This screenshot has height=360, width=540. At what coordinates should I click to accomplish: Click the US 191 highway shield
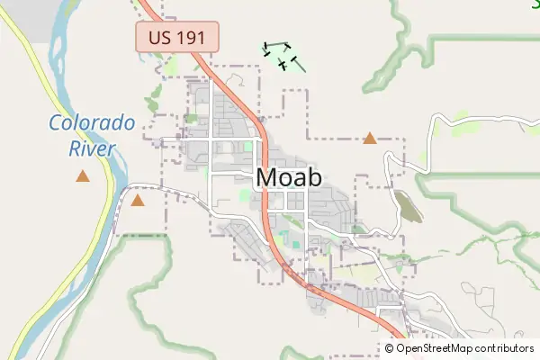click(x=177, y=38)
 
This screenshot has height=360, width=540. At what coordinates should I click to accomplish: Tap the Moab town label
click(x=289, y=177)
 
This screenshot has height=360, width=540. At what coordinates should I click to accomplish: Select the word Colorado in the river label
click(x=92, y=124)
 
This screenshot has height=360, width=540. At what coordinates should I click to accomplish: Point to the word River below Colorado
click(x=92, y=148)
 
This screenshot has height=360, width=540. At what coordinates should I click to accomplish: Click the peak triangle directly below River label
click(x=83, y=175)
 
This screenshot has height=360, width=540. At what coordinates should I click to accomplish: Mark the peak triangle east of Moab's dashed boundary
click(x=369, y=139)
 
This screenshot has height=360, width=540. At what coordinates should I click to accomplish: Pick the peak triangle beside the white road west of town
click(x=137, y=201)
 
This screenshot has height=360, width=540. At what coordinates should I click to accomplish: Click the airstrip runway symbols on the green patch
click(x=280, y=55)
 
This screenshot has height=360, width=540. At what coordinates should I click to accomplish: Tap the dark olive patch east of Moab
click(x=408, y=207)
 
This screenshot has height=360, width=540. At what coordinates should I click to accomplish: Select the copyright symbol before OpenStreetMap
click(x=390, y=348)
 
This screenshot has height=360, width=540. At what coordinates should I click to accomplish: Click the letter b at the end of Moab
click(x=314, y=177)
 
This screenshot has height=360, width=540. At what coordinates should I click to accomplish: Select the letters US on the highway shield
click(x=157, y=38)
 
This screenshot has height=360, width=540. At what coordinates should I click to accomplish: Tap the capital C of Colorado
click(x=56, y=124)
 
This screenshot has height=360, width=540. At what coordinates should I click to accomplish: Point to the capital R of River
click(x=75, y=148)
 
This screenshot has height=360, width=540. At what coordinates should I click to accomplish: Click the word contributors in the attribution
click(x=503, y=348)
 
